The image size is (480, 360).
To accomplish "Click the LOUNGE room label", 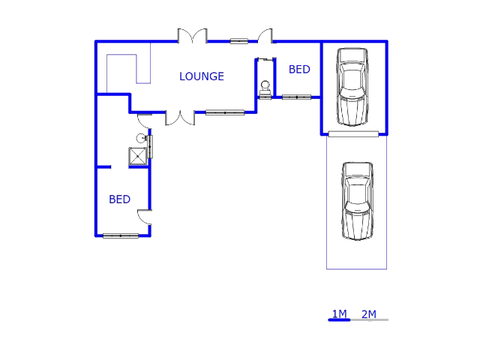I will pyautogui.click(x=201, y=76).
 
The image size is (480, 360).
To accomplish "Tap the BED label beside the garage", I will pyautogui.click(x=299, y=70).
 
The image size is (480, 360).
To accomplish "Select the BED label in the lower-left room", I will pyautogui.click(x=119, y=199).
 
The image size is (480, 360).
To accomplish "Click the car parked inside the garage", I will pyautogui.click(x=352, y=85).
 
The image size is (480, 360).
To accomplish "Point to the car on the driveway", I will pyautogui.click(x=357, y=200).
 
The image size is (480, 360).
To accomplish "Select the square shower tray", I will pyautogui.click(x=138, y=156).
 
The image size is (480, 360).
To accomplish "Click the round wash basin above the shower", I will pyautogui.click(x=140, y=138).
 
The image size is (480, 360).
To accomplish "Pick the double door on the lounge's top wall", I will pyautogui.click(x=191, y=36).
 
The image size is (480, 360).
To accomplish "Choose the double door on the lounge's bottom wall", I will pyautogui.click(x=180, y=118).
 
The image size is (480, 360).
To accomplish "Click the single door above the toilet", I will pyautogui.click(x=265, y=36).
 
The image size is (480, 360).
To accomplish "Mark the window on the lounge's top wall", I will pyautogui.click(x=238, y=41).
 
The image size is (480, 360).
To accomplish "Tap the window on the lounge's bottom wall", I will pyautogui.click(x=225, y=112).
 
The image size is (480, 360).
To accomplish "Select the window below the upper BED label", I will pyautogui.click(x=296, y=97).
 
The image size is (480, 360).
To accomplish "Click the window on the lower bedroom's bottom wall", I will pyautogui.click(x=121, y=236).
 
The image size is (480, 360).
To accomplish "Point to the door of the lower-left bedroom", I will pyautogui.click(x=144, y=217).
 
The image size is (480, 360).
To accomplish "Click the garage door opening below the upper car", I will pyautogui.click(x=352, y=134).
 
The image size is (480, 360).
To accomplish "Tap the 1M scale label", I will pyautogui.click(x=339, y=313).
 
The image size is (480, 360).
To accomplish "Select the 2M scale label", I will pyautogui.click(x=368, y=313).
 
